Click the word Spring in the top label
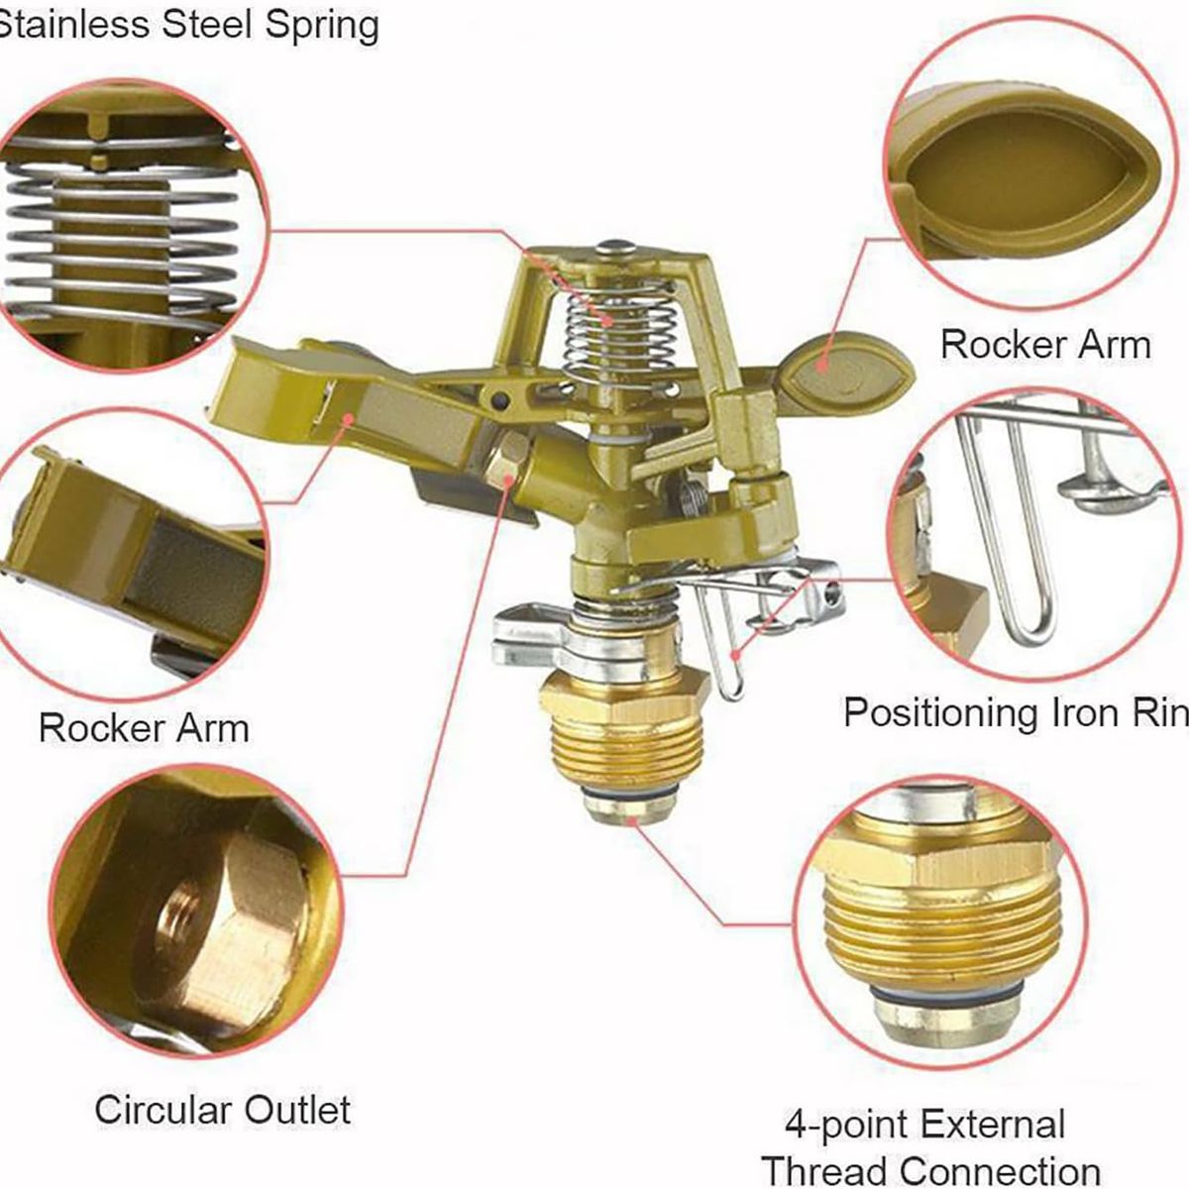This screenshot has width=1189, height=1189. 322,27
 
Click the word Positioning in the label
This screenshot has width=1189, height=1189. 940,713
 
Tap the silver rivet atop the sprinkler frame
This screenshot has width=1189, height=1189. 615,247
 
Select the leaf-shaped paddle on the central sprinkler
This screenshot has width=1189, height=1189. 845,367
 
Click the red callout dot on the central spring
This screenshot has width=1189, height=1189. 609,321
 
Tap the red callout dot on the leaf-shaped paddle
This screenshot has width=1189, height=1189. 821,365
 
